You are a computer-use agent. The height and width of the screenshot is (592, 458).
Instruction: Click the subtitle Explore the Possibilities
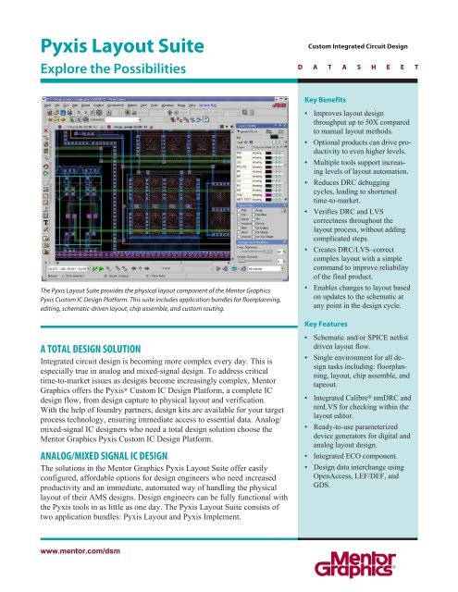(112, 69)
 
